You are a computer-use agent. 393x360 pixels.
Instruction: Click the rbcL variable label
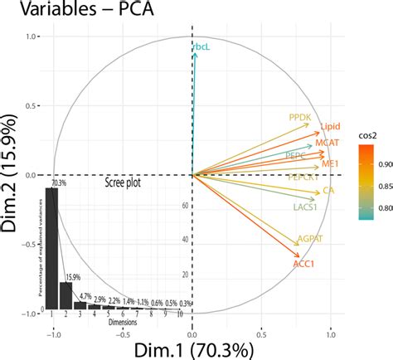tap(202, 48)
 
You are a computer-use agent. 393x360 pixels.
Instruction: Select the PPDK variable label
tap(299, 118)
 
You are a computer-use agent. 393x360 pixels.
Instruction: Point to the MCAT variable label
tap(327, 144)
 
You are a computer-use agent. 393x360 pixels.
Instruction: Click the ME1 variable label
tap(331, 165)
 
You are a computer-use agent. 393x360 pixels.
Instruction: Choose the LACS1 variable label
tap(307, 207)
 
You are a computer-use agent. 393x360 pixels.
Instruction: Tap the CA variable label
tap(328, 191)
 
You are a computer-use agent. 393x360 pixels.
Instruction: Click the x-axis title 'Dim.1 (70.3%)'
tap(192, 348)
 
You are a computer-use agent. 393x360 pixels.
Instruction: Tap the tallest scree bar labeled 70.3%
tap(51, 249)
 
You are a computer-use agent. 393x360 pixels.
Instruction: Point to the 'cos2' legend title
tap(370, 129)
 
